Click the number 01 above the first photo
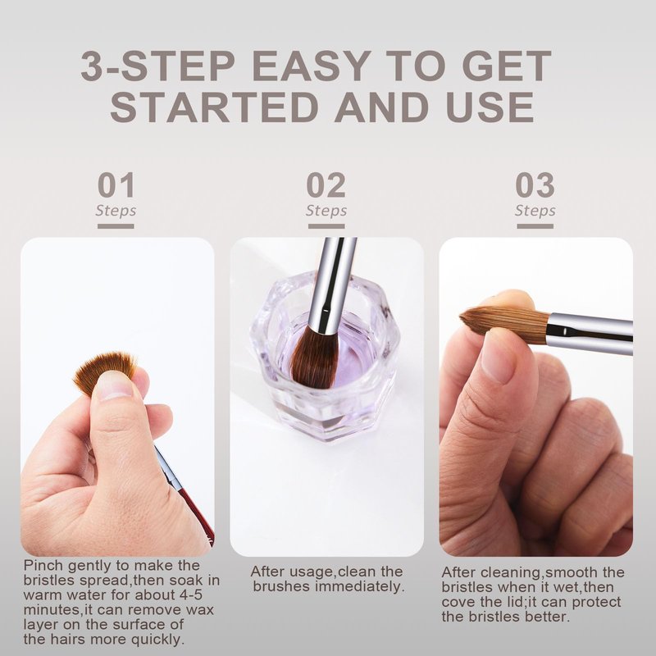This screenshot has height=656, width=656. (116, 185)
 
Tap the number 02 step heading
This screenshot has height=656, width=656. (326, 185)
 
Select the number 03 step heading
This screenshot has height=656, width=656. (535, 185)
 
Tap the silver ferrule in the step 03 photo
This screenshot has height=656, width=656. (590, 333)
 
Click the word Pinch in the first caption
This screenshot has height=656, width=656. (43, 566)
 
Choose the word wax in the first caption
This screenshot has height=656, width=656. (200, 610)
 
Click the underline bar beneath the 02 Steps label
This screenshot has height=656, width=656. (326, 226)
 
